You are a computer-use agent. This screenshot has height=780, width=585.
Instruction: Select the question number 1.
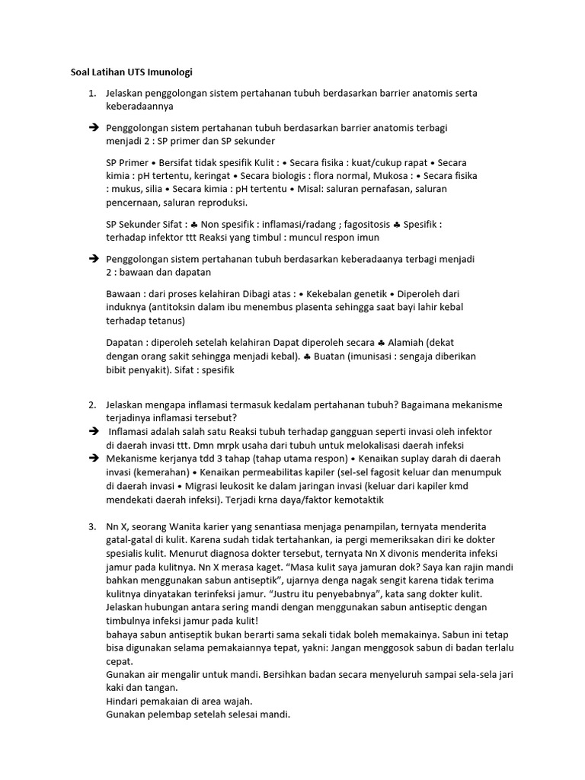coord(91,94)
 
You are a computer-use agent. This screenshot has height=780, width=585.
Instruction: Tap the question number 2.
coord(91,404)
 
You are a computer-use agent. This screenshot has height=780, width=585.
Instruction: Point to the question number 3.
coord(91,526)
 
